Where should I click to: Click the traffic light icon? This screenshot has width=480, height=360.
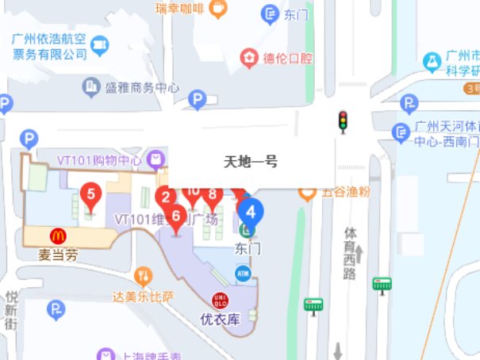click(x=344, y=120)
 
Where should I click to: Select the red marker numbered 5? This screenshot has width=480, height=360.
click(x=91, y=194)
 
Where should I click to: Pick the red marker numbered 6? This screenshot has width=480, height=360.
click(x=176, y=216)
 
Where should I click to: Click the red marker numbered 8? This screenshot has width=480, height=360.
click(x=212, y=194)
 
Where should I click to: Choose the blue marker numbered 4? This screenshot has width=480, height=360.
click(x=252, y=213)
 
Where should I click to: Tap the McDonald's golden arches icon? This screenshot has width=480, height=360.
click(x=58, y=236)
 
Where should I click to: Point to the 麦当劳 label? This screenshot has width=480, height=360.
click(x=59, y=255)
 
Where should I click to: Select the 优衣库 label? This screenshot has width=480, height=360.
click(x=220, y=320)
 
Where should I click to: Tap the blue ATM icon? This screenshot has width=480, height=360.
click(x=243, y=273)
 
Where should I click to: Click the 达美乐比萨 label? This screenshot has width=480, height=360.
click(x=143, y=297)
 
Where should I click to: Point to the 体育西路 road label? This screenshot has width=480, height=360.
click(x=350, y=253)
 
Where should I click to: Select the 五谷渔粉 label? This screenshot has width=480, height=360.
click(x=346, y=191)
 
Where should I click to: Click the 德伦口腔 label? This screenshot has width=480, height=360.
click(x=287, y=58)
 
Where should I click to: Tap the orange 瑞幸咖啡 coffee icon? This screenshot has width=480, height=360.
click(x=217, y=9)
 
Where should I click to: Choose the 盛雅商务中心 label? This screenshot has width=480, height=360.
click(x=142, y=87)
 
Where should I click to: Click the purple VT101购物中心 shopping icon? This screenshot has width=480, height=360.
click(x=156, y=159)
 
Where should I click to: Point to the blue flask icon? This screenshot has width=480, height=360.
click(x=432, y=59)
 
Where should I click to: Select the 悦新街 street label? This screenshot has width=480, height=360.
click(x=11, y=309)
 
